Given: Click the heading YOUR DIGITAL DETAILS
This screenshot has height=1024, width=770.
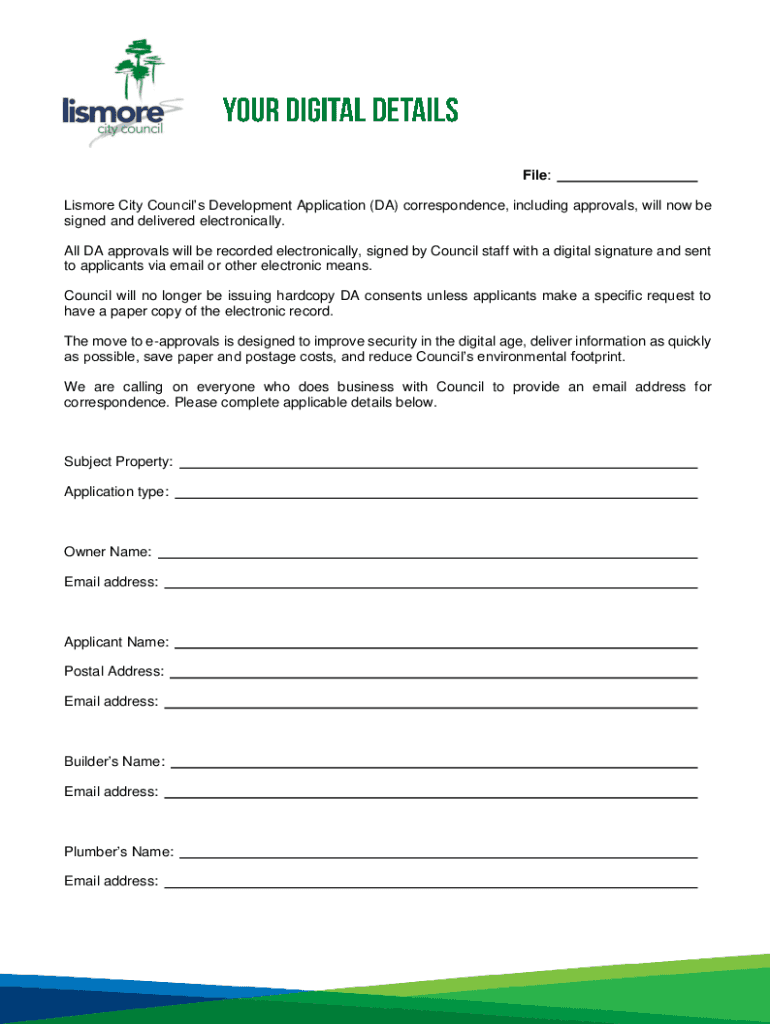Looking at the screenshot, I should [x=340, y=110].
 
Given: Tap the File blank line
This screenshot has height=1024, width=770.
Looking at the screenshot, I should [x=626, y=181].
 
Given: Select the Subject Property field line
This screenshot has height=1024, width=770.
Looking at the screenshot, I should [x=437, y=467].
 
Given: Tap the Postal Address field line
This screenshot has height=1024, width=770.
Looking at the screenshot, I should [x=433, y=677].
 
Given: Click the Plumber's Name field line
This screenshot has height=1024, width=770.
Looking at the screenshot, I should [x=437, y=857].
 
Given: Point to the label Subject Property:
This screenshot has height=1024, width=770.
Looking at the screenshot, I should [x=118, y=462].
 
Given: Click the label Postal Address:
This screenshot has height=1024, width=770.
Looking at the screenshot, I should [x=114, y=672].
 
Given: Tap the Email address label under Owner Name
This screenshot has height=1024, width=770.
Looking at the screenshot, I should [x=111, y=582].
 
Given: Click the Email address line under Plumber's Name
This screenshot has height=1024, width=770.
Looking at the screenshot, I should [x=430, y=887].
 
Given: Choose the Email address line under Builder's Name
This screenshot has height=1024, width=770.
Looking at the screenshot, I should [x=430, y=797].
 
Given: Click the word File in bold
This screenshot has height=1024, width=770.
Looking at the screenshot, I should [x=534, y=176].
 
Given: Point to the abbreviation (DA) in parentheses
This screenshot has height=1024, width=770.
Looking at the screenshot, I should [x=384, y=206].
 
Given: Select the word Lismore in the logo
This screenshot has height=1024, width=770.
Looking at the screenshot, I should [x=113, y=110].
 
